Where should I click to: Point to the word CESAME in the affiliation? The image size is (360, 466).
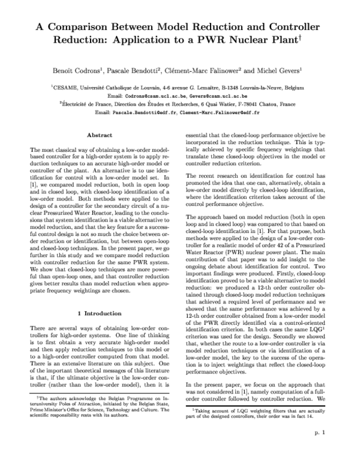pos(66,88)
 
